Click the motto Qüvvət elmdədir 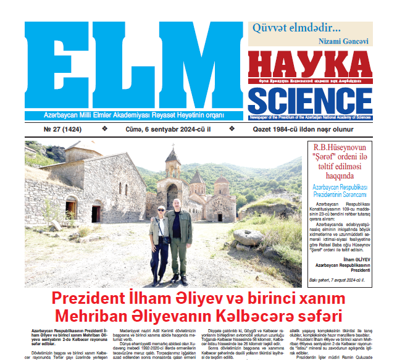295,28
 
